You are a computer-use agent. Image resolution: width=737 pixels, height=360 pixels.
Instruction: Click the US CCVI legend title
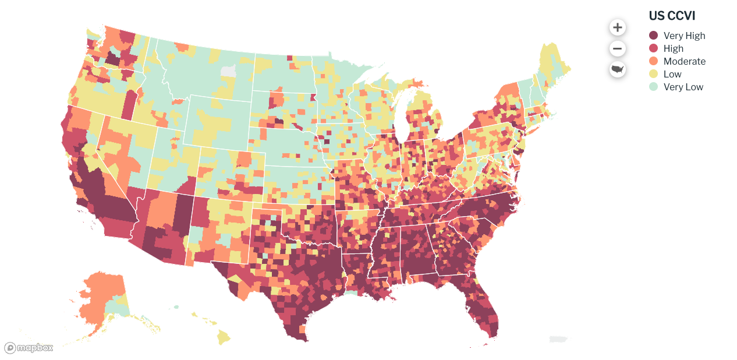[x=672, y=16]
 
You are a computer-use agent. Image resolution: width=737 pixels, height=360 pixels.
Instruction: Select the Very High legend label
[x=684, y=36]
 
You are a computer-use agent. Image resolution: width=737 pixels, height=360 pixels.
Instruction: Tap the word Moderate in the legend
[x=684, y=61]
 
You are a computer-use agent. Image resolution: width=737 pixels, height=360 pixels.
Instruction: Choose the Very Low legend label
[x=683, y=87]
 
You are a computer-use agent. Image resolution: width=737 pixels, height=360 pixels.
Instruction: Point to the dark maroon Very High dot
[x=654, y=36]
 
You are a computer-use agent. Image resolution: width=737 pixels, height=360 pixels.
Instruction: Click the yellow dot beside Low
[x=654, y=74]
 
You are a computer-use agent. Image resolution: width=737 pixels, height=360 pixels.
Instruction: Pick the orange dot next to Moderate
[x=654, y=61]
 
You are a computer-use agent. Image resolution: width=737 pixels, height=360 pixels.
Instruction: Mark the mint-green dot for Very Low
[x=654, y=87]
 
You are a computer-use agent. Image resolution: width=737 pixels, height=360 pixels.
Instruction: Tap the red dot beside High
[x=654, y=48]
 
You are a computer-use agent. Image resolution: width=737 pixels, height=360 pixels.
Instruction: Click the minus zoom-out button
[x=617, y=48]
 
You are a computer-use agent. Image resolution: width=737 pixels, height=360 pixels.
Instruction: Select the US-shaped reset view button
[x=617, y=69]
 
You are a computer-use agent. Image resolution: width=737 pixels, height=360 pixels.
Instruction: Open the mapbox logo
[x=29, y=348]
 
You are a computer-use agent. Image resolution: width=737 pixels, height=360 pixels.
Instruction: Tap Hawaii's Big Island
[x=224, y=337]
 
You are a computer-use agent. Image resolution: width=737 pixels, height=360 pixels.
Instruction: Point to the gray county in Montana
[x=229, y=71]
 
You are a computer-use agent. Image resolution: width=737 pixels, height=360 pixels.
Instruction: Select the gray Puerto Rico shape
[x=558, y=339]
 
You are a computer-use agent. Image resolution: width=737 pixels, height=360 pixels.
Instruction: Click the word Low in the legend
[x=672, y=74]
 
